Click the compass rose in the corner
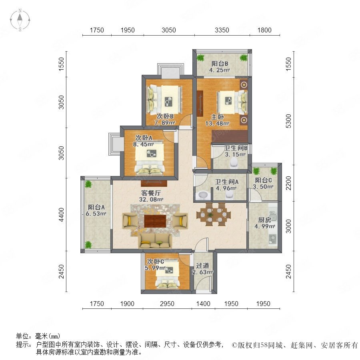20,20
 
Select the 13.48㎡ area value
217,124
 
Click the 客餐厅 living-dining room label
151,193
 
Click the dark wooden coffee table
155,221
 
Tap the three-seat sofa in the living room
155,241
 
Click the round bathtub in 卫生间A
203,195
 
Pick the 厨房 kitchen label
264,220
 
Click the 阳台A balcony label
96,207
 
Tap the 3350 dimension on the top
222,30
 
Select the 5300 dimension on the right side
288,121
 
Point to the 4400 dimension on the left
61,215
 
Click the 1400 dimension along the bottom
203,304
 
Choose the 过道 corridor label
202,266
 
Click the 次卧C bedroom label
156,261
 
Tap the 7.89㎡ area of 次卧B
165,123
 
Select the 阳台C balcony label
263,180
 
